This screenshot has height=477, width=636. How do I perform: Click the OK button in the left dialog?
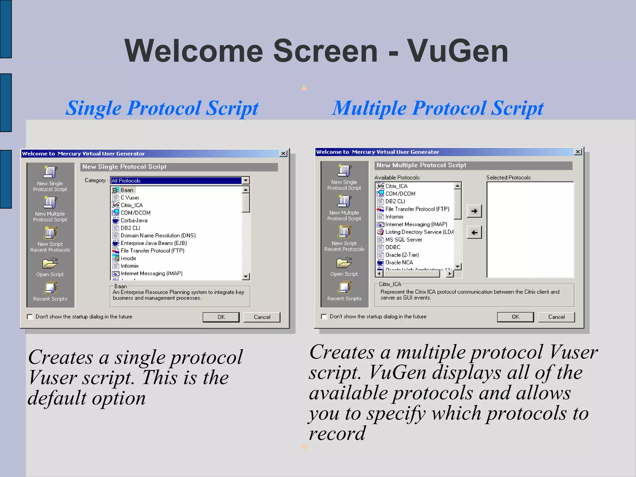pos(221,317)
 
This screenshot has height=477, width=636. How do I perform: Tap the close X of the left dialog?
pos(283,153)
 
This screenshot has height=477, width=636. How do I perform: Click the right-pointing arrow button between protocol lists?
pos(474,211)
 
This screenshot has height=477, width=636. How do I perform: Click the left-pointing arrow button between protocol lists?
pos(474,232)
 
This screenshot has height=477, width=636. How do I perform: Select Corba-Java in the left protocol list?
pos(134,220)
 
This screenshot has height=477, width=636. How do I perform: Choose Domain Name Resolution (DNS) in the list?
pos(158,236)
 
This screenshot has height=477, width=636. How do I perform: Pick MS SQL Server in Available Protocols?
pos(403,240)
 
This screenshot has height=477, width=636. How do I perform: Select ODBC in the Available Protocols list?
pos(393,247)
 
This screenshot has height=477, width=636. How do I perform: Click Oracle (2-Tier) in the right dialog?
pos(402,255)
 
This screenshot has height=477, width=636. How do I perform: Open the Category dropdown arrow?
pos(246,180)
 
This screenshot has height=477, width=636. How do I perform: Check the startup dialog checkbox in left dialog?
pos(30,317)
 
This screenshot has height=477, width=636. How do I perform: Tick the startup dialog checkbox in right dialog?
pos(324,316)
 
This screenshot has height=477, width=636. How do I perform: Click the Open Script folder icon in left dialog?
pos(50,263)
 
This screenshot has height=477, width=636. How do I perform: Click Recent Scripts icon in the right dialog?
pos(344,288)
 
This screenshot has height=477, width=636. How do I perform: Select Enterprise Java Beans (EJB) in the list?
pos(153,243)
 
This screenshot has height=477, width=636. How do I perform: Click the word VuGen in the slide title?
pos(457,51)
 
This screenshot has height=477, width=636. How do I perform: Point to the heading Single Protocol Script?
pos(162,108)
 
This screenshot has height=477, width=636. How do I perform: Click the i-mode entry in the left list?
pos(128,258)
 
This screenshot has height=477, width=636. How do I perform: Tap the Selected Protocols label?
pos(509,178)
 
